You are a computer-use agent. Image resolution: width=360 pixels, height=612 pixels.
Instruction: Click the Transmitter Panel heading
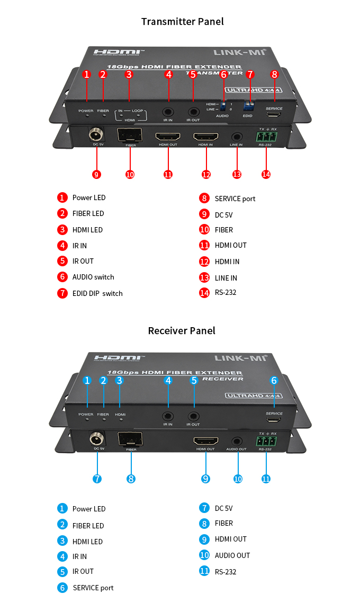pyautogui.click(x=182, y=22)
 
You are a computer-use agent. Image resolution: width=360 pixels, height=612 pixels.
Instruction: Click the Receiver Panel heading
pyautogui.click(x=182, y=331)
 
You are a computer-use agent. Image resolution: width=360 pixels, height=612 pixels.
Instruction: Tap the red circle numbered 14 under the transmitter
pyautogui.click(x=266, y=174)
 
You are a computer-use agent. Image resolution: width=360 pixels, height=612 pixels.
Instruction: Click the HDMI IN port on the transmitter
pyautogui.click(x=205, y=136)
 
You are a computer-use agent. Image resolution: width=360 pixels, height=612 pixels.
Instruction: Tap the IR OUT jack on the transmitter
pyautogui.click(x=193, y=112)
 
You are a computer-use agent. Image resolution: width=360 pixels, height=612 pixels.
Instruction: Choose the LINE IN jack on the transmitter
pyautogui.click(x=237, y=136)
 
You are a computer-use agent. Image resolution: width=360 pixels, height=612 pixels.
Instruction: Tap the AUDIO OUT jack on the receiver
pyautogui.click(x=236, y=440)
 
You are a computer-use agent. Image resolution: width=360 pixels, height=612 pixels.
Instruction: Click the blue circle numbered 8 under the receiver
pyautogui.click(x=131, y=479)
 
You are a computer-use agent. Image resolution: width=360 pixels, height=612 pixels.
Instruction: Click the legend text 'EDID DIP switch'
pyautogui.click(x=97, y=293)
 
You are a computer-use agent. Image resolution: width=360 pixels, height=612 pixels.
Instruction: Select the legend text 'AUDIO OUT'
pyautogui.click(x=232, y=555)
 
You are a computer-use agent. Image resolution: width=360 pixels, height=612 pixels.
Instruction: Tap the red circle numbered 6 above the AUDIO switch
pyautogui.click(x=223, y=75)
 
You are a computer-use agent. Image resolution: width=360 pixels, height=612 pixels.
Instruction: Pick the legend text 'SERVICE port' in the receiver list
pyautogui.click(x=93, y=588)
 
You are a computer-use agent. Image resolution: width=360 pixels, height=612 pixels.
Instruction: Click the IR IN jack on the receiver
pyautogui.click(x=168, y=416)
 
